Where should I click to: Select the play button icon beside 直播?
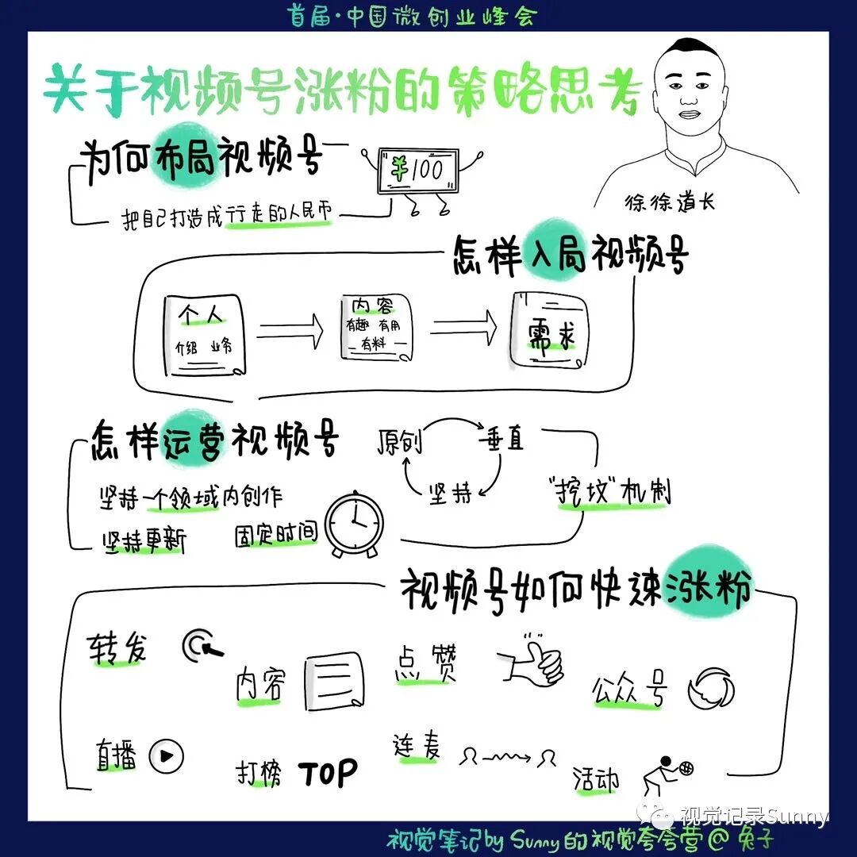(x=166, y=756)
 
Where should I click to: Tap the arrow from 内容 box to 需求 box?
(x=463, y=325)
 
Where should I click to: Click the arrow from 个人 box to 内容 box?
(x=290, y=326)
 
